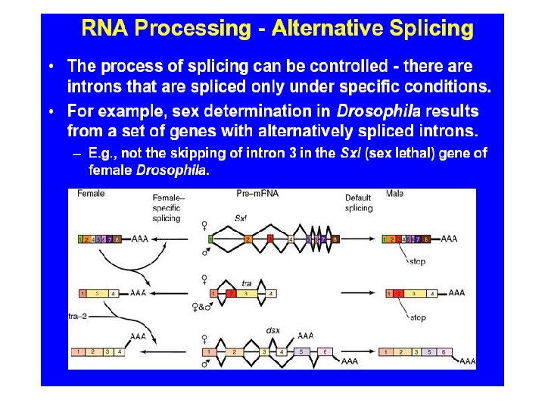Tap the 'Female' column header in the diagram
(x=91, y=194)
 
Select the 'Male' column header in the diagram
(x=394, y=194)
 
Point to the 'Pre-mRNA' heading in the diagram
(x=257, y=194)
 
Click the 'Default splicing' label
(x=359, y=203)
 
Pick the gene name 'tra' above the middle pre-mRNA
(x=247, y=283)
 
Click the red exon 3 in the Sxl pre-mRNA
(x=270, y=239)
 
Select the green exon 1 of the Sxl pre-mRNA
(x=210, y=239)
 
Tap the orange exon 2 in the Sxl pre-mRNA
(x=248, y=239)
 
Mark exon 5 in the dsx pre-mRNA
(x=301, y=351)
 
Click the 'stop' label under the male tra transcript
(x=418, y=318)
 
